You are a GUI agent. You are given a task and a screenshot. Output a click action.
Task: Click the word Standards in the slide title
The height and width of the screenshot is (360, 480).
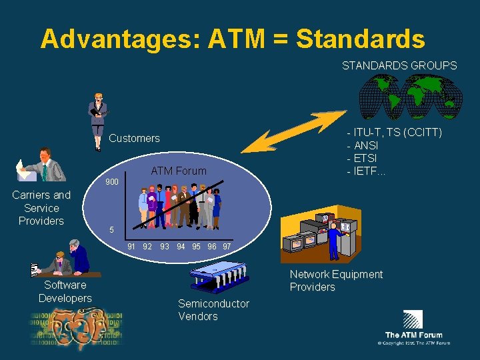(x=360, y=39)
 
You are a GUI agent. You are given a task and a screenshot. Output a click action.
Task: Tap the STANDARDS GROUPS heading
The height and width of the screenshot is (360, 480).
(x=399, y=65)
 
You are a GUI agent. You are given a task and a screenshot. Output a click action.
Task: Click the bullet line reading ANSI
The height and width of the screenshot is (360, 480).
(x=363, y=145)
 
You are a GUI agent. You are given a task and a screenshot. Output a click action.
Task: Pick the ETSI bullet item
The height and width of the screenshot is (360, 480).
(x=363, y=158)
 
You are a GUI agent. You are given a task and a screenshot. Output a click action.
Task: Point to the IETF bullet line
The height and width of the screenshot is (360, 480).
(x=366, y=171)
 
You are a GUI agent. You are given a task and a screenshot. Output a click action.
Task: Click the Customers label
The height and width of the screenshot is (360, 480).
(x=134, y=138)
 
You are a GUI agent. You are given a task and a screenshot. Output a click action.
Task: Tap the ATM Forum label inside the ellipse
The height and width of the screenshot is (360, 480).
(x=179, y=171)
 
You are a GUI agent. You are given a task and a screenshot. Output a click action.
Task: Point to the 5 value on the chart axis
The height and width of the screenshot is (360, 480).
(x=113, y=230)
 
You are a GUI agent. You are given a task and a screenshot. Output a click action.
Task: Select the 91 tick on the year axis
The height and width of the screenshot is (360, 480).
(x=131, y=247)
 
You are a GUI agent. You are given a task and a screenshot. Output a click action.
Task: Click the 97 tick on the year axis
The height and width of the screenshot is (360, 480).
(x=227, y=247)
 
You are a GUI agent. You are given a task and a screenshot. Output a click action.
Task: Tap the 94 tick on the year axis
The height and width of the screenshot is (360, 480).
(x=181, y=247)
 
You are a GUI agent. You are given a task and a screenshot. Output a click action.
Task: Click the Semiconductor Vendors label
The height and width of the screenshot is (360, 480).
(x=213, y=310)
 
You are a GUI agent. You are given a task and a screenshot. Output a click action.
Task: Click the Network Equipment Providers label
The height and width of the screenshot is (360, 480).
(x=336, y=281)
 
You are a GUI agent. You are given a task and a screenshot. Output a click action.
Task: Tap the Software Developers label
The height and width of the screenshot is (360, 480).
(x=65, y=291)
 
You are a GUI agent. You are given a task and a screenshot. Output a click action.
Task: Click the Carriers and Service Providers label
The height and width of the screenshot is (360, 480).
(x=41, y=208)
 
